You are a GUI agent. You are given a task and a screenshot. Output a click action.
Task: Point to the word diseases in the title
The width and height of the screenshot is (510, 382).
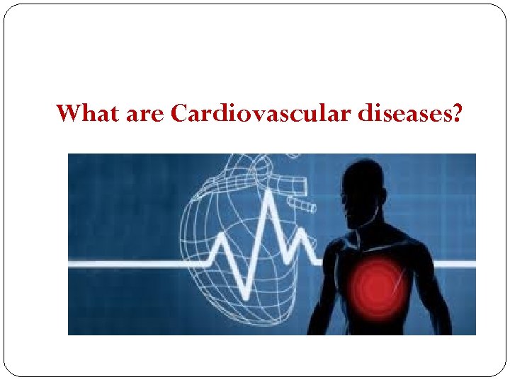(403, 113)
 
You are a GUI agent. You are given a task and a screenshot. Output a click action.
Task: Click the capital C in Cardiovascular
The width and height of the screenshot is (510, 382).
(179, 113)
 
